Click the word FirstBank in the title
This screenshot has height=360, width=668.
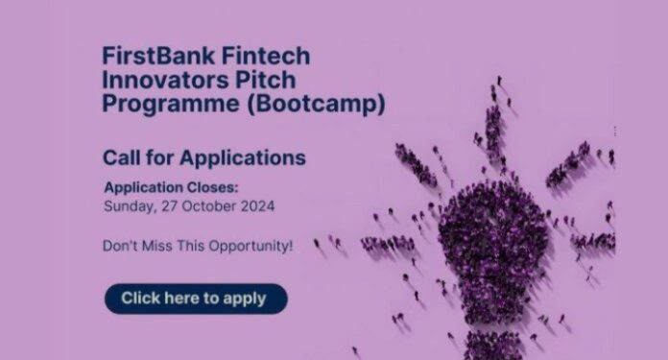[x=158, y=57]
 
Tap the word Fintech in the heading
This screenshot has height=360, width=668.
[x=266, y=57]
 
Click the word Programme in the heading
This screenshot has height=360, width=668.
[x=171, y=105]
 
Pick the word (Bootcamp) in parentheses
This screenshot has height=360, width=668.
[x=316, y=105]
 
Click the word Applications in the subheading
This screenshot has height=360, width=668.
[x=243, y=158]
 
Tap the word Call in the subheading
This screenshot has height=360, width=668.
[x=121, y=157]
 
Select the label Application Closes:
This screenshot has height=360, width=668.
[x=171, y=187]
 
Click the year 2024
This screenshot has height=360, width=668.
[x=258, y=206]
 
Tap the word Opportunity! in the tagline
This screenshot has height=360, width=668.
[x=250, y=247]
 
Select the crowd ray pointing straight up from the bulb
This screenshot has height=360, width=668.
[x=494, y=124]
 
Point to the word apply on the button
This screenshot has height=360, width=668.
[x=245, y=300]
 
